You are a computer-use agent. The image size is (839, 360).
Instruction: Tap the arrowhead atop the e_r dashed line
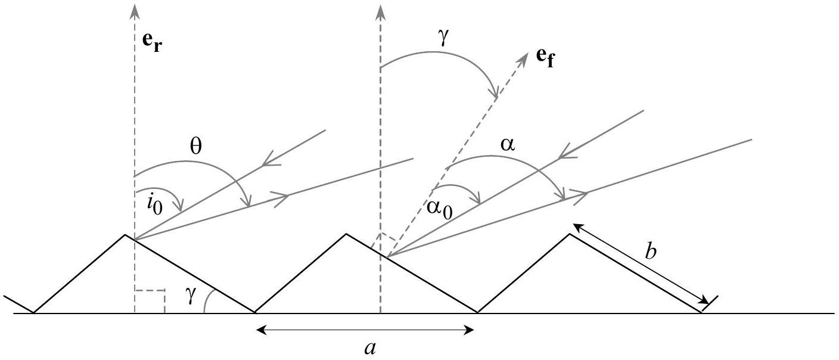(135, 8)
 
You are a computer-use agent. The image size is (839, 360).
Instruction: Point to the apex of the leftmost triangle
(125, 235)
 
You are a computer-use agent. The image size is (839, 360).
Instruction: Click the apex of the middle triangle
(346, 234)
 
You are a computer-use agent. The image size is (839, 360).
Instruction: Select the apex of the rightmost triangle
(569, 234)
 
